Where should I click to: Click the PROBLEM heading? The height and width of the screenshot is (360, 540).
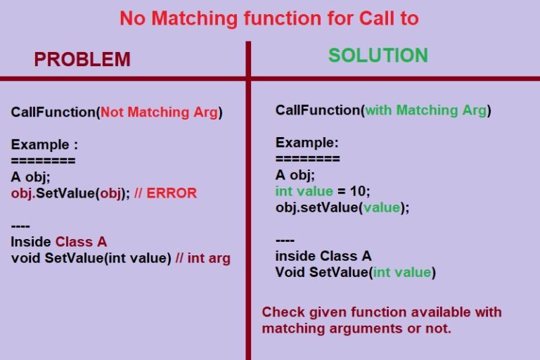(x=82, y=59)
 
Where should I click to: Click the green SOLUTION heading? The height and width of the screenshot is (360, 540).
(x=378, y=56)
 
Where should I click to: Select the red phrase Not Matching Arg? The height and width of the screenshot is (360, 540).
(x=159, y=112)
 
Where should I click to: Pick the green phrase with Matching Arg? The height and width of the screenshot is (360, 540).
(x=426, y=110)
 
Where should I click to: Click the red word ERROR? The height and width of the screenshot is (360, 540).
(x=172, y=193)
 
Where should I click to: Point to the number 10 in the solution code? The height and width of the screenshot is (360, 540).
(x=357, y=191)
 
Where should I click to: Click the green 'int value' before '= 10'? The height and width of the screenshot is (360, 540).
(x=304, y=191)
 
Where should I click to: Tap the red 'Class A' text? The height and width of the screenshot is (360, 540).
(x=81, y=242)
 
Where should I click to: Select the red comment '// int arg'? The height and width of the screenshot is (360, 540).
(x=202, y=258)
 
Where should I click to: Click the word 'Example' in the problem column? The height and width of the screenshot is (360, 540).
(x=40, y=145)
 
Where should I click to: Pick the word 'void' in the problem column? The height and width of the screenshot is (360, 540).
(x=25, y=258)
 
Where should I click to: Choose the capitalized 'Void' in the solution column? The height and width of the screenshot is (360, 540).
(x=290, y=272)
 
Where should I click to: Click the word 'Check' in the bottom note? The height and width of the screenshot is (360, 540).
(x=283, y=312)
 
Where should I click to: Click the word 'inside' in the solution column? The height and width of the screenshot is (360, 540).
(x=295, y=256)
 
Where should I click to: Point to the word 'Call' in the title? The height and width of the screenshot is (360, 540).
(x=377, y=18)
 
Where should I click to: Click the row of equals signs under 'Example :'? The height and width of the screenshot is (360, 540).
(x=43, y=160)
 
